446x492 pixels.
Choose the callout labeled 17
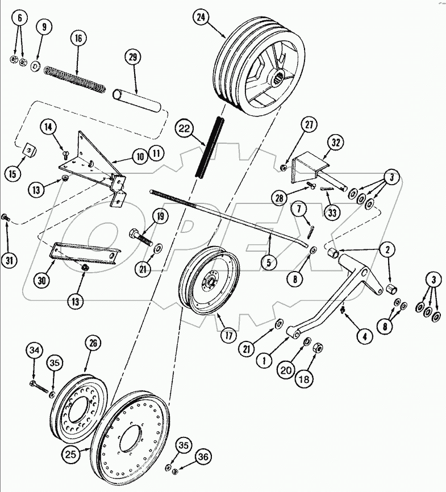coord(228,335)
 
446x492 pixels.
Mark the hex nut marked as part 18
coord(319,347)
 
